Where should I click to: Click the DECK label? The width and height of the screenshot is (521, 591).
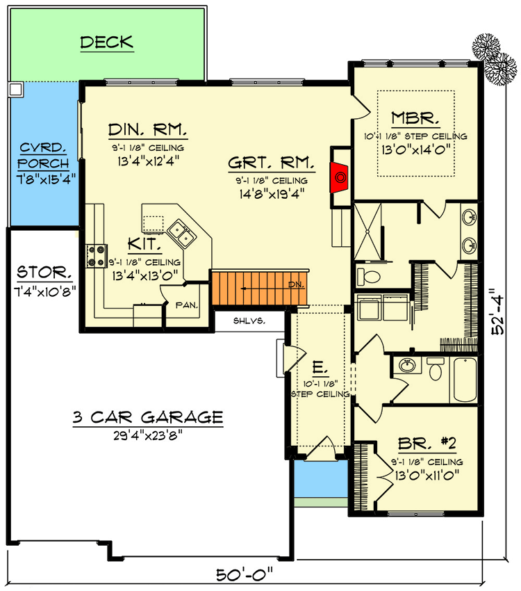pos(107,42)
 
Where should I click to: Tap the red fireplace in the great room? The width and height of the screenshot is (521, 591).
pos(340,177)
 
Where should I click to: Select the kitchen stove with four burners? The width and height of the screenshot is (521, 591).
pos(97,256)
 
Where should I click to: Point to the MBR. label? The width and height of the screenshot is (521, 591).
pos(415,118)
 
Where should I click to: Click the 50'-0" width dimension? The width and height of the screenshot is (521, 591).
pos(244,575)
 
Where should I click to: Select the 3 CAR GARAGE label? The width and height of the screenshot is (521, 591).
pos(148,417)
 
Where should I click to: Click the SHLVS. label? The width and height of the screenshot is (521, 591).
pos(249,321)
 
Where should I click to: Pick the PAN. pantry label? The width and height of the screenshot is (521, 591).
pos(187,305)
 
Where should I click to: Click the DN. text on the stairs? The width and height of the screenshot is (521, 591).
pos(296,284)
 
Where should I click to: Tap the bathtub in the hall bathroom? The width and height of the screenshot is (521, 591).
pos(465,380)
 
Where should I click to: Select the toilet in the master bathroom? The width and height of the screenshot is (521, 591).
pos(369,277)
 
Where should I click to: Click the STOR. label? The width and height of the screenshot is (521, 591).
pos(44,272)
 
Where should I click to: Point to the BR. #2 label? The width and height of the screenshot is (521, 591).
pos(427,443)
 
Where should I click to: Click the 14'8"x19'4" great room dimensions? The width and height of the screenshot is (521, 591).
pos(272,194)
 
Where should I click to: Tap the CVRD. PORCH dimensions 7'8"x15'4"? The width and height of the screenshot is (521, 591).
pos(46,178)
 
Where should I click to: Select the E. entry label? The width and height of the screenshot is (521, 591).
pos(320,368)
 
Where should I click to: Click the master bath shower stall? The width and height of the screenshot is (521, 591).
pos(367,232)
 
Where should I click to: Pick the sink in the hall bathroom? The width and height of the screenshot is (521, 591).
pos(407,366)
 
